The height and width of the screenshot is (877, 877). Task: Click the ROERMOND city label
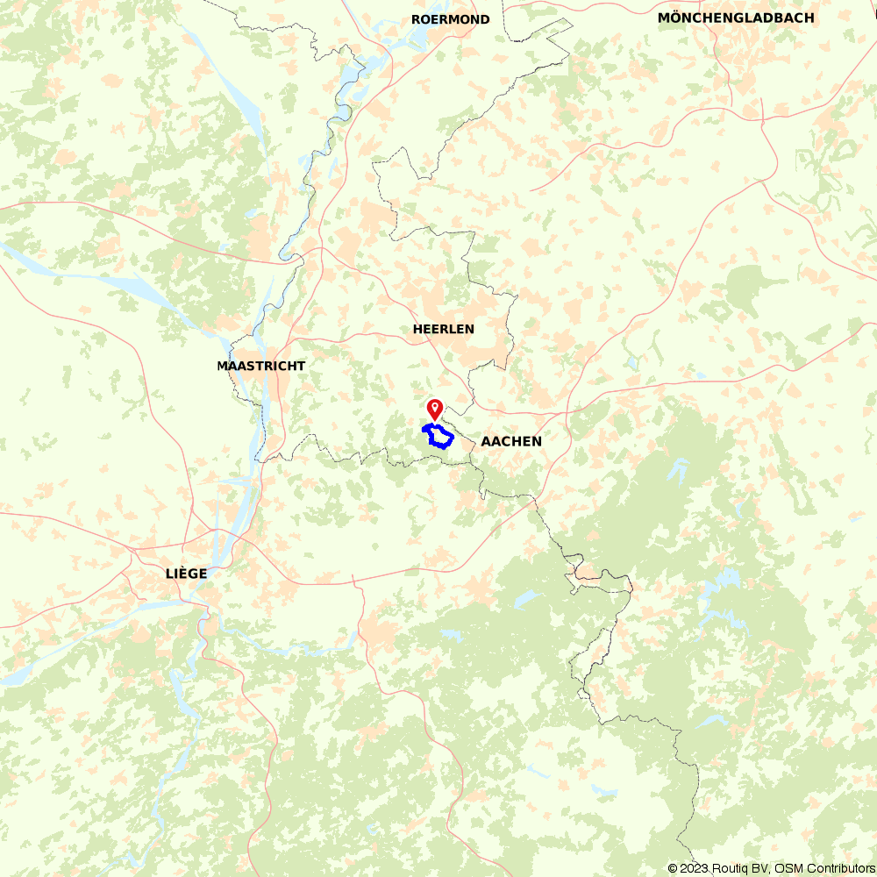coord(451,19)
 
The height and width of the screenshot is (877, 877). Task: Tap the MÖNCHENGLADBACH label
coord(736,18)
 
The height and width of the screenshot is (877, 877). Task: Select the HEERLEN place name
coord(443,329)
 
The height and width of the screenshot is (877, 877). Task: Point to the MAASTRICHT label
coord(261,366)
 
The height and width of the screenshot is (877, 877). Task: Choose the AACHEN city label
coord(511,441)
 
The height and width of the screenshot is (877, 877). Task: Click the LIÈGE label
coord(186,574)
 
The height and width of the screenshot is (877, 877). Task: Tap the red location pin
coord(434,409)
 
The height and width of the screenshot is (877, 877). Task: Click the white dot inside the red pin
coord(434,406)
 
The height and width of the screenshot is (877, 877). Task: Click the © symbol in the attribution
coord(674,868)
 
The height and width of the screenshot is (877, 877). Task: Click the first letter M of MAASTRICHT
coord(223,366)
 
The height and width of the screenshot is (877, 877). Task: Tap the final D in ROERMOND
coord(484,19)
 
